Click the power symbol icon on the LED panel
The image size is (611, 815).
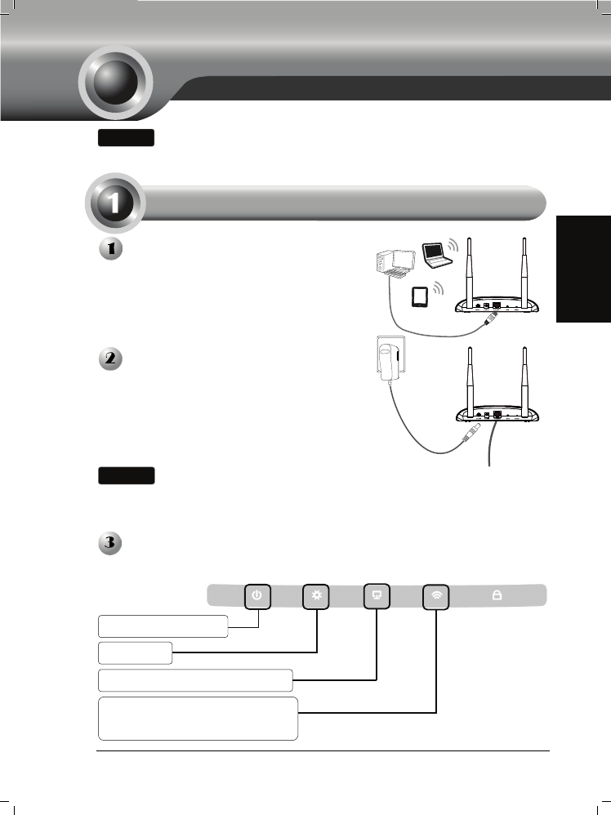tap(257, 596)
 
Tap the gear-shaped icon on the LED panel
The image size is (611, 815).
tap(316, 596)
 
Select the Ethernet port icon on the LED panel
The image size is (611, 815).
tap(377, 596)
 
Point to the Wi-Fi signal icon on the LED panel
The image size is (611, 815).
tap(436, 596)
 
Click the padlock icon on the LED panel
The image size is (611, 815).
tap(496, 596)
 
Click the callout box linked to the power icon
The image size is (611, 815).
tap(163, 626)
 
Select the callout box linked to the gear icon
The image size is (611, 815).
tap(135, 652)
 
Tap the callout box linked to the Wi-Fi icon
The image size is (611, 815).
tap(198, 718)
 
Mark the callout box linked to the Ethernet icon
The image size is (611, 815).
tap(195, 679)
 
